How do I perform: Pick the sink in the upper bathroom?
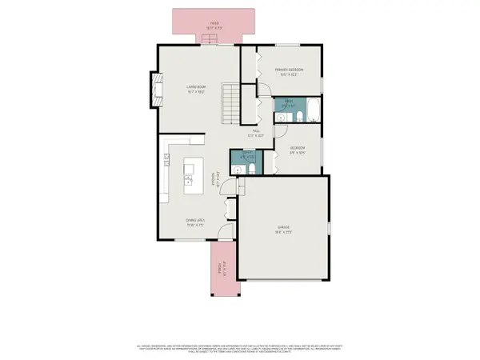[x=281, y=118]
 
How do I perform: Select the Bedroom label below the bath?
[x=298, y=150]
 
